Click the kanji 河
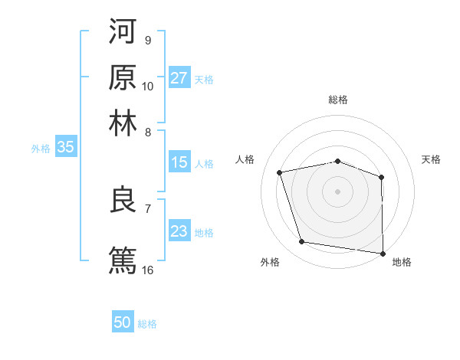pyautogui.click(x=123, y=31)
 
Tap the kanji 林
pyautogui.click(x=123, y=122)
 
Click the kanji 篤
pyautogui.click(x=123, y=259)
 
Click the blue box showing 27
pyautogui.click(x=179, y=77)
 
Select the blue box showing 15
pyautogui.click(x=179, y=162)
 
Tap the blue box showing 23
pyautogui.click(x=179, y=231)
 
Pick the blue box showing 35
pyautogui.click(x=65, y=148)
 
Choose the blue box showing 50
pyautogui.click(x=123, y=322)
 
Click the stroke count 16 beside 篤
pyautogui.click(x=148, y=270)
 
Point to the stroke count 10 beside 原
pyautogui.click(x=148, y=86)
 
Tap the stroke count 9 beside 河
pyautogui.click(x=147, y=40)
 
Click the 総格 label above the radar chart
pyautogui.click(x=338, y=100)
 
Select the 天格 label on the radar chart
pyautogui.click(x=432, y=159)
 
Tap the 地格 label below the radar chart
pyautogui.click(x=402, y=262)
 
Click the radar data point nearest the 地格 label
pyautogui.click(x=383, y=253)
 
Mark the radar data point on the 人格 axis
pyautogui.click(x=280, y=172)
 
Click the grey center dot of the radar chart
pyautogui.click(x=338, y=191)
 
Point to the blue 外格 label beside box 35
pyautogui.click(x=40, y=149)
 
